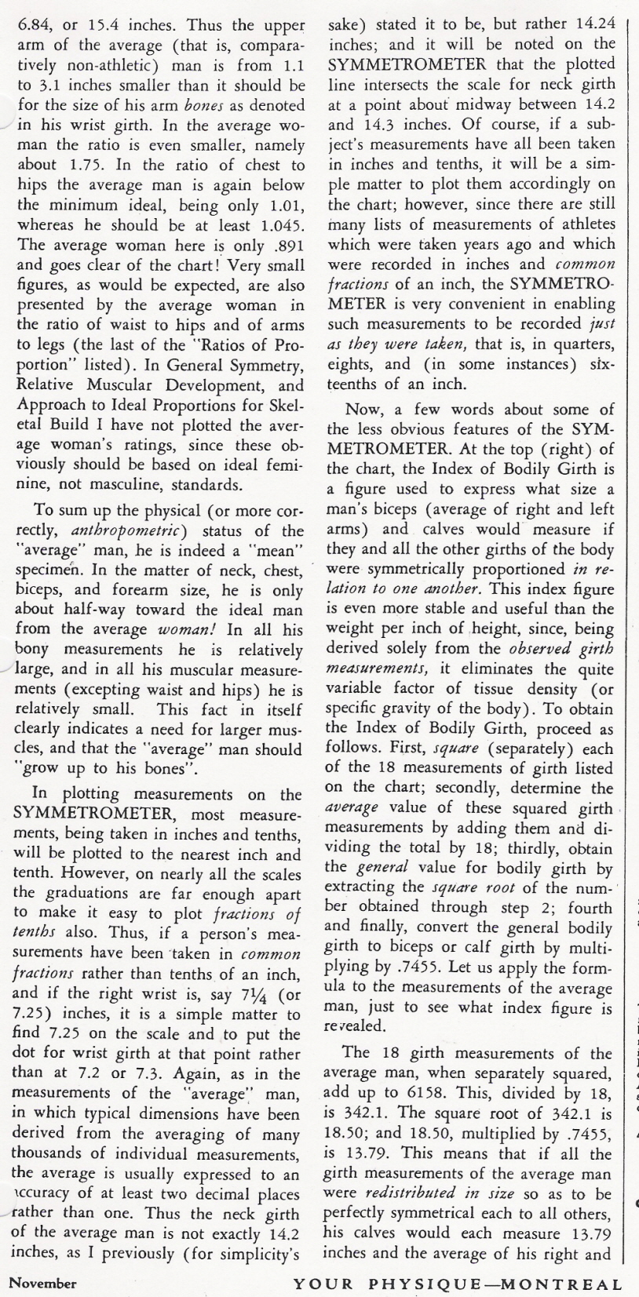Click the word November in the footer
point(42,1284)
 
